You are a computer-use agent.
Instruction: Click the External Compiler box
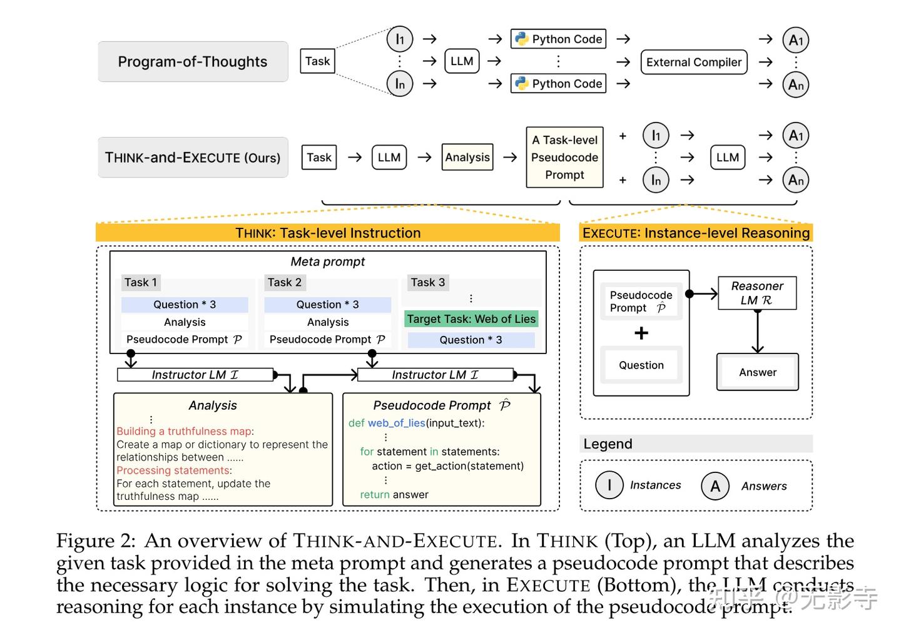click(x=694, y=62)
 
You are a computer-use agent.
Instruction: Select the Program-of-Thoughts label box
click(x=193, y=61)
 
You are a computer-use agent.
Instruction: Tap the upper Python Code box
click(x=558, y=39)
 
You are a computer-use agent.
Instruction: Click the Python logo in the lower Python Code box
click(x=522, y=83)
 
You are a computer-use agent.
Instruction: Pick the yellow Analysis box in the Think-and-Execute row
click(x=467, y=157)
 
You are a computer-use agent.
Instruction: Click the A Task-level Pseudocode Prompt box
click(x=565, y=157)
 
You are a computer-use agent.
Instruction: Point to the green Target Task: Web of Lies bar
click(x=471, y=319)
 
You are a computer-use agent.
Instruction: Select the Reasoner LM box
click(x=757, y=293)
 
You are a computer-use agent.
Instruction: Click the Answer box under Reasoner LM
click(x=757, y=372)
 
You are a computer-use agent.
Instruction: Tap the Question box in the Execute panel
click(x=641, y=365)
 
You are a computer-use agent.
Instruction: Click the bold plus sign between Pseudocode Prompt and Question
click(x=641, y=333)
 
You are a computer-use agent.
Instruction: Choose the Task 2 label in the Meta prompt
click(x=285, y=282)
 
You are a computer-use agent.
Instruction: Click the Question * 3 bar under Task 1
click(x=185, y=305)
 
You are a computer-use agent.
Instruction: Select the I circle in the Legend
click(x=609, y=485)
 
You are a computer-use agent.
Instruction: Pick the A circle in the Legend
click(x=715, y=486)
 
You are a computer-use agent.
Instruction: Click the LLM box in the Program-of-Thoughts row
click(x=462, y=61)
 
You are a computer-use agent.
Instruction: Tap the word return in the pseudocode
click(x=374, y=494)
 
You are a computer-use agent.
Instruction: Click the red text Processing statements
click(x=173, y=470)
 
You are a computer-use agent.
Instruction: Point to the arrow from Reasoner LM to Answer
click(x=757, y=332)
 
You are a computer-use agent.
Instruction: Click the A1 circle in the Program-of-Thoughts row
click(x=796, y=40)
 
